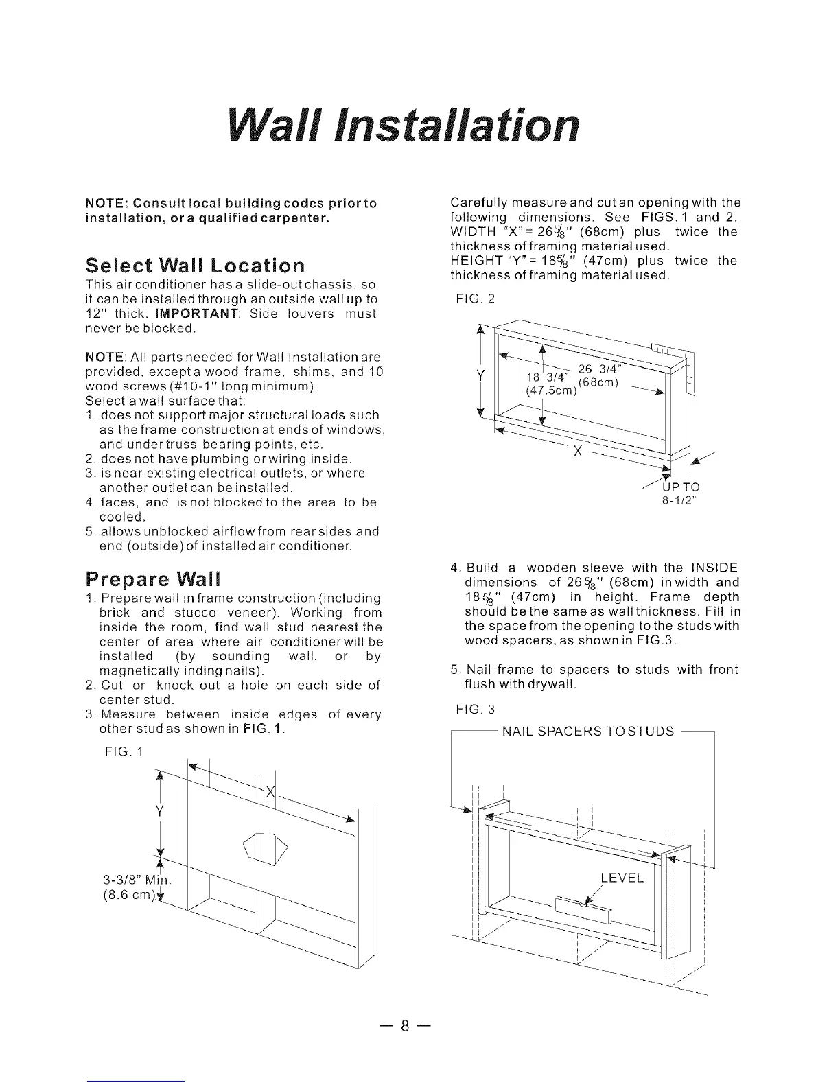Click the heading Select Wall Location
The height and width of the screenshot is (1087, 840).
point(195,266)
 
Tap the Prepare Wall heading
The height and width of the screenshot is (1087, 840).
point(152,576)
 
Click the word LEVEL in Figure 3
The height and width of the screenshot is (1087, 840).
point(622,878)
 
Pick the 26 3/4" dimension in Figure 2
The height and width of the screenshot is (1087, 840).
point(600,370)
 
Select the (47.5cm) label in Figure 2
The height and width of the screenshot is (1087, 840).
point(550,391)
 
